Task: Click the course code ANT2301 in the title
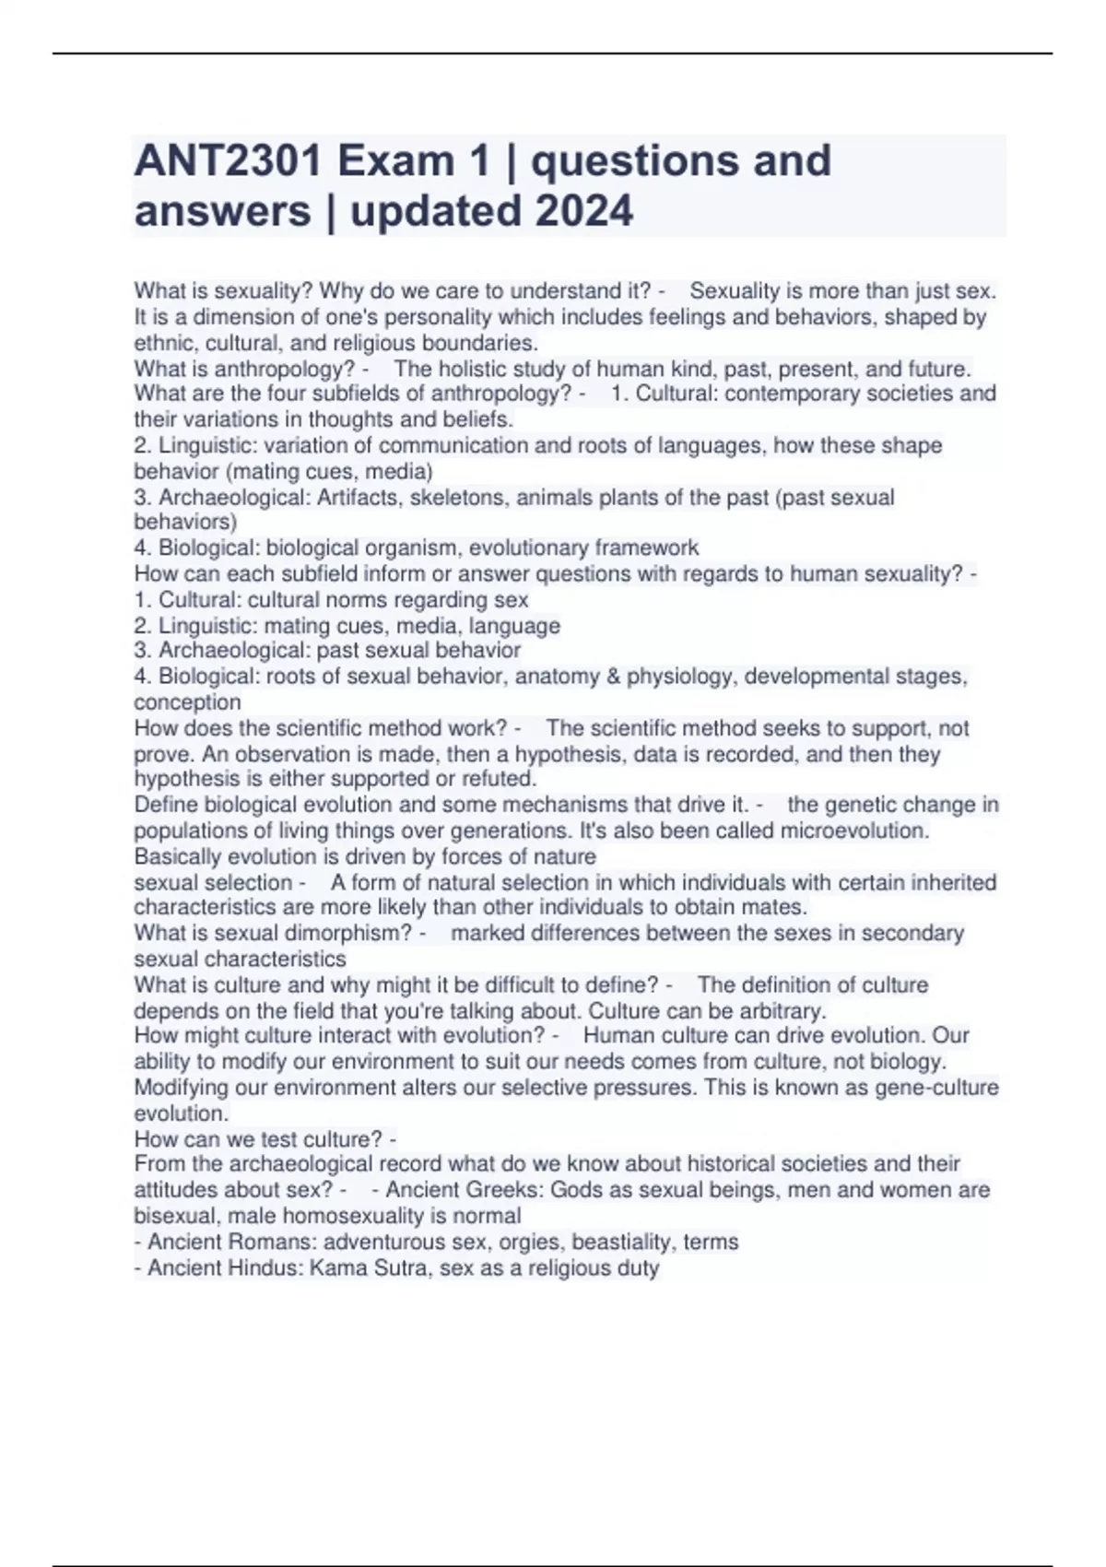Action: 228,161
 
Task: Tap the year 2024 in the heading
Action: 583,211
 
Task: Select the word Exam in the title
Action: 394,161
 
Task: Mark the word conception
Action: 187,702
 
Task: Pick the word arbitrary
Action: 779,1010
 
